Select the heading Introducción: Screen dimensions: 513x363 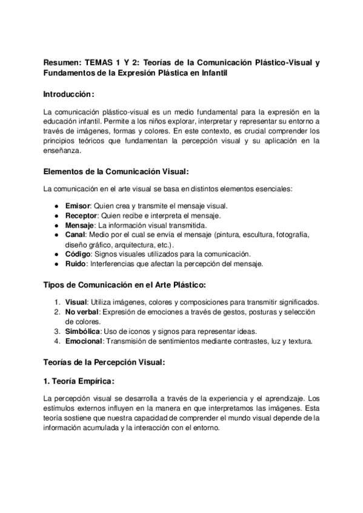click(69, 94)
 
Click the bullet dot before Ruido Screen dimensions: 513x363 click(56, 264)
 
